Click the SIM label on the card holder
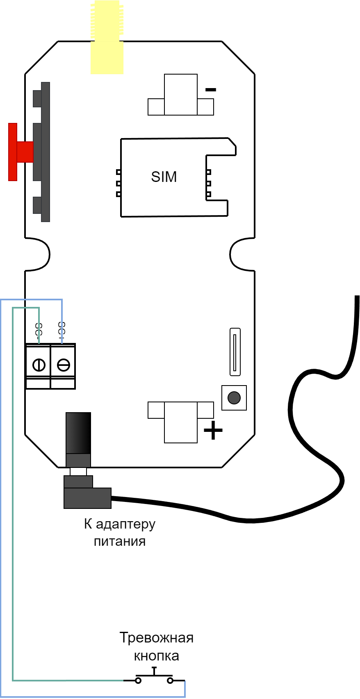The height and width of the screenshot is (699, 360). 164,177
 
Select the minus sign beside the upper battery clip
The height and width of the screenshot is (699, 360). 211,89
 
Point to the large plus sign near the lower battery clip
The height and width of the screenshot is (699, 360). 213,431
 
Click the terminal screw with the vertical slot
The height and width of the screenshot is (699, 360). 39,365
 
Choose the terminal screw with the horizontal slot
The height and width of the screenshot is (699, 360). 64,365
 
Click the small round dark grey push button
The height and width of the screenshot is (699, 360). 234,398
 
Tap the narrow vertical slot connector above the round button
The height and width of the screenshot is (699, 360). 235,352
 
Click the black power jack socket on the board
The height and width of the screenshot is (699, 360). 78,433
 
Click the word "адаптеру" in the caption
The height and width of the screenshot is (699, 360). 125,524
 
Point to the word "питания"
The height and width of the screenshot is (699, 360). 120,542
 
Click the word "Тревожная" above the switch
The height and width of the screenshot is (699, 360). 156,638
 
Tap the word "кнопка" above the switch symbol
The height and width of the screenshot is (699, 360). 157,656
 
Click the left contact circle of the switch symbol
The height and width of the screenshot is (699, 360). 139,681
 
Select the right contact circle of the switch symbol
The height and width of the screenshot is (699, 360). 170,681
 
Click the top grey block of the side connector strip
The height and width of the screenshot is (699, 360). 37,98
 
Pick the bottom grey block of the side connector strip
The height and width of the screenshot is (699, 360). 37,205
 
